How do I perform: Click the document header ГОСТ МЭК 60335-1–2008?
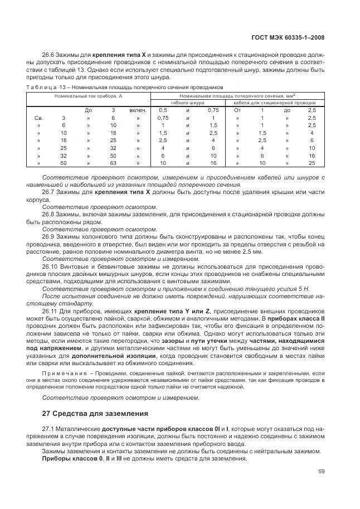[x=285, y=37]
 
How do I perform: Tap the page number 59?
[x=321, y=471]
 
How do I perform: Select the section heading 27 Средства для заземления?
[x=95, y=413]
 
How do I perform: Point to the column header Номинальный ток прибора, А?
[x=88, y=96]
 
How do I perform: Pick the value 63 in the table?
[x=113, y=163]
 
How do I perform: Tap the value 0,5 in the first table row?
[x=163, y=110]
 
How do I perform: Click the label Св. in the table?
[x=39, y=118]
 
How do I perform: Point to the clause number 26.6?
[x=49, y=55]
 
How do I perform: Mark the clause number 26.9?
[x=49, y=237]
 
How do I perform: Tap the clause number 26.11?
[x=51, y=311]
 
